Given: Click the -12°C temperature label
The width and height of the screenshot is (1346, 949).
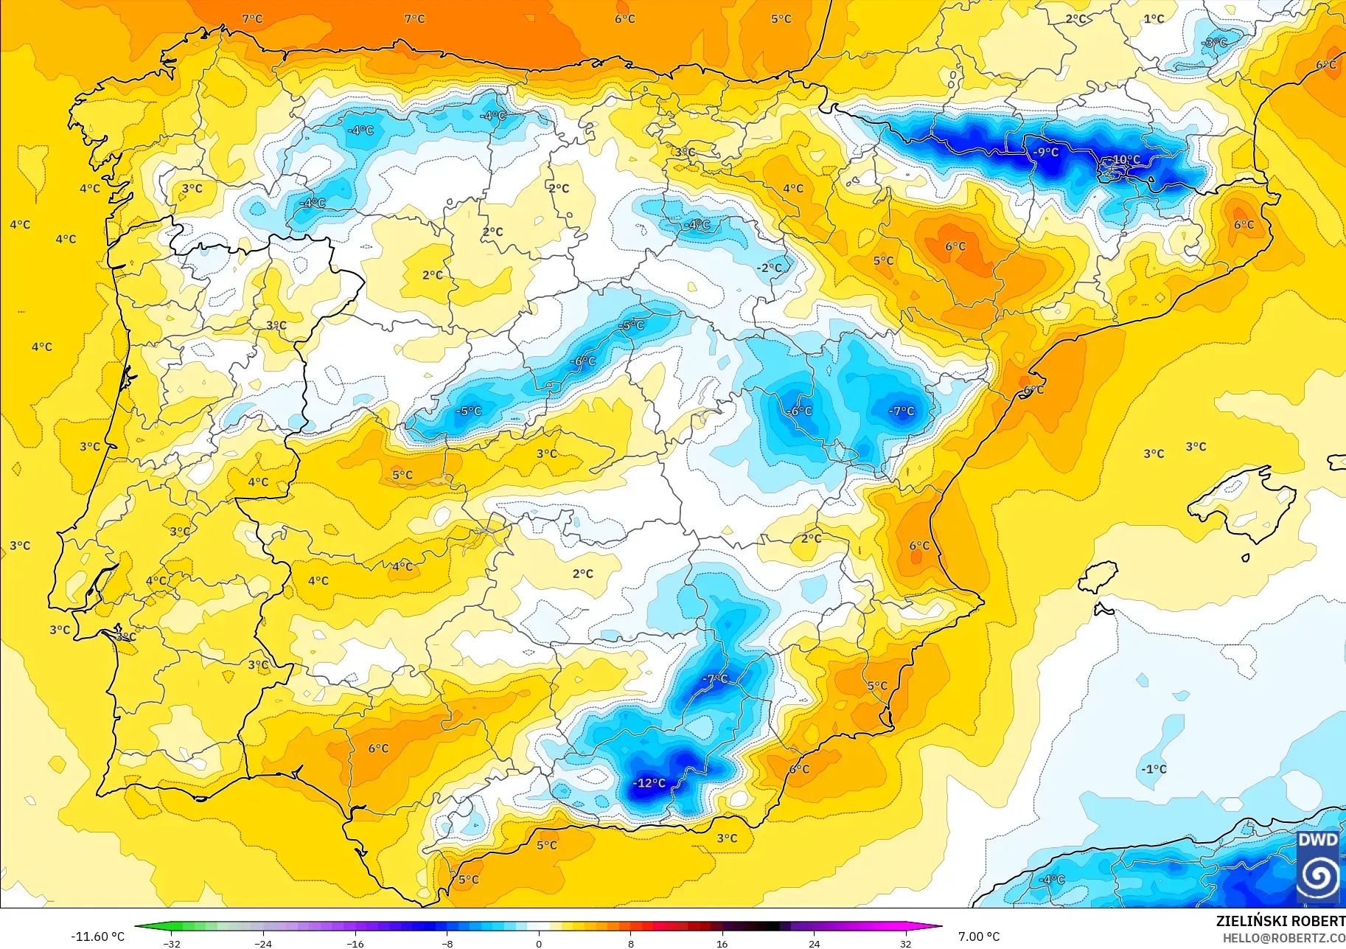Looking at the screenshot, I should (x=649, y=783).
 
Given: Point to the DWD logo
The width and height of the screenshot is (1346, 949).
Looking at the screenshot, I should (x=1318, y=867).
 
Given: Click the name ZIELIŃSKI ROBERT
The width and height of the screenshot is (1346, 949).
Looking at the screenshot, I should (x=1280, y=921).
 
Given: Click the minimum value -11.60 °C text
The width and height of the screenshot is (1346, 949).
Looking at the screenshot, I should (x=97, y=936).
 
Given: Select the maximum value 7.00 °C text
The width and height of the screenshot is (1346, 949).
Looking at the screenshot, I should (x=979, y=936).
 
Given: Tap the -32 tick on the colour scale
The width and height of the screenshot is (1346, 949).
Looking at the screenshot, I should (x=171, y=943).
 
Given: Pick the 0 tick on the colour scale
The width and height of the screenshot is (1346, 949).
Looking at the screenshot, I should (x=539, y=943).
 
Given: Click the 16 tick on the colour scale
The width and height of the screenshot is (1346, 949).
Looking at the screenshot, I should (x=722, y=943).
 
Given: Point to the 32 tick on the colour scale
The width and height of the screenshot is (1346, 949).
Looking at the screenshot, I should (x=905, y=943).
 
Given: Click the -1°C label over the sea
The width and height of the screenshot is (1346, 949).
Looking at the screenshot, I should (x=1154, y=769).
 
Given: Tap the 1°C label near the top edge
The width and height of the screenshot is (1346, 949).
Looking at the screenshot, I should (x=1154, y=19).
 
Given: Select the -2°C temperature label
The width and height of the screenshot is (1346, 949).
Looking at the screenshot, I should (x=770, y=268).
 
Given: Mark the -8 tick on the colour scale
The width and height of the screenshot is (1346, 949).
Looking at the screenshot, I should (x=447, y=943).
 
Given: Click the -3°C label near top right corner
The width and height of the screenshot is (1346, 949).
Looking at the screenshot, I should (x=1215, y=43).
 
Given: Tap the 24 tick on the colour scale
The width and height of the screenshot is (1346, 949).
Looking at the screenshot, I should (x=814, y=943).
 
